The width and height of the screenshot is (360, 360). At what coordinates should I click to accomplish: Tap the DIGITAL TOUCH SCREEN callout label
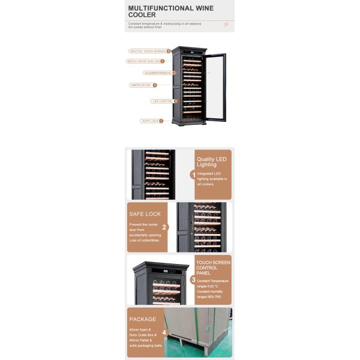(x=148, y=51)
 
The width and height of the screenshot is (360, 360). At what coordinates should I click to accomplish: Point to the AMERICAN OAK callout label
(x=142, y=85)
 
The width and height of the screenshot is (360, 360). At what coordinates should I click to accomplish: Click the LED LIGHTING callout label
(x=161, y=101)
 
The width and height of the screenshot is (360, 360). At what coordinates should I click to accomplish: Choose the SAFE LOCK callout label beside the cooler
(x=150, y=121)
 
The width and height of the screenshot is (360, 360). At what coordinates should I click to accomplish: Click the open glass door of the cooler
(x=215, y=87)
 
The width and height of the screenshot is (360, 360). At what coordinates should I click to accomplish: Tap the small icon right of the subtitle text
(x=226, y=25)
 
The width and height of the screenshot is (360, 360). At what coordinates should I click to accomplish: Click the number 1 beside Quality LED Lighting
(x=193, y=175)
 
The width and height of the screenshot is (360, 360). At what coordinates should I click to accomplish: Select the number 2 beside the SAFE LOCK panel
(x=165, y=227)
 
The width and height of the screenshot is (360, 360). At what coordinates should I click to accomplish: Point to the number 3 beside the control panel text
(x=193, y=280)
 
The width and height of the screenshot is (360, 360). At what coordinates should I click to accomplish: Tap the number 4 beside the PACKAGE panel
(x=164, y=331)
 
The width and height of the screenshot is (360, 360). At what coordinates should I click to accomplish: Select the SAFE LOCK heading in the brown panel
(x=145, y=214)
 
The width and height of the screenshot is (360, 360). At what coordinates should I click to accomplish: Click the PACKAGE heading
(x=142, y=319)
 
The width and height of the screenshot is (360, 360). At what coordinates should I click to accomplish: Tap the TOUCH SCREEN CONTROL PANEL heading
(x=213, y=268)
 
